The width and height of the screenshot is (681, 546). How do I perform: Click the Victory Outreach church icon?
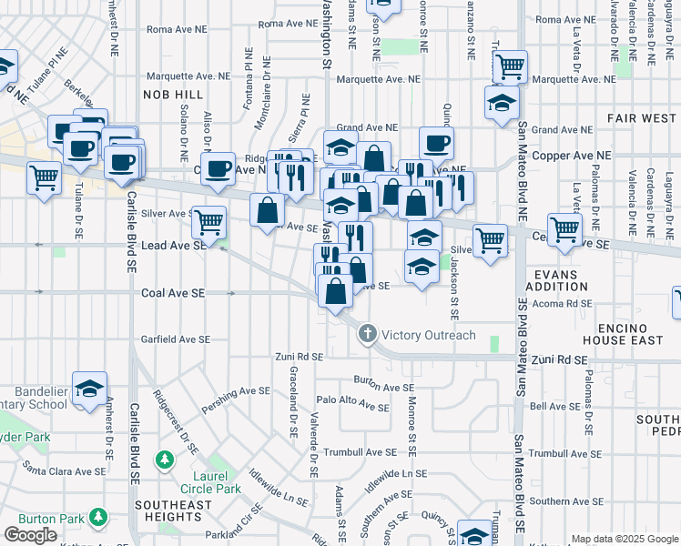367,334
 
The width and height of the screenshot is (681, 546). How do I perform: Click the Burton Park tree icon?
98,520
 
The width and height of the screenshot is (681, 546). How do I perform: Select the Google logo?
30,535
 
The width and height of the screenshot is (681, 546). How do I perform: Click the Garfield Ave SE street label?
175,339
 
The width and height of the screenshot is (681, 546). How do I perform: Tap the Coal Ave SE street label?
173,293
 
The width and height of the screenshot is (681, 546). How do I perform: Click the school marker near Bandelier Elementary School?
90,389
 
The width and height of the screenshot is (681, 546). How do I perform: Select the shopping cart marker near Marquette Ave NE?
510,66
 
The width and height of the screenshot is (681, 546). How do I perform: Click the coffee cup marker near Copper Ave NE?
219,168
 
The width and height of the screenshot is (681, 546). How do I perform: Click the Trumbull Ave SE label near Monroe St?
364,452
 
